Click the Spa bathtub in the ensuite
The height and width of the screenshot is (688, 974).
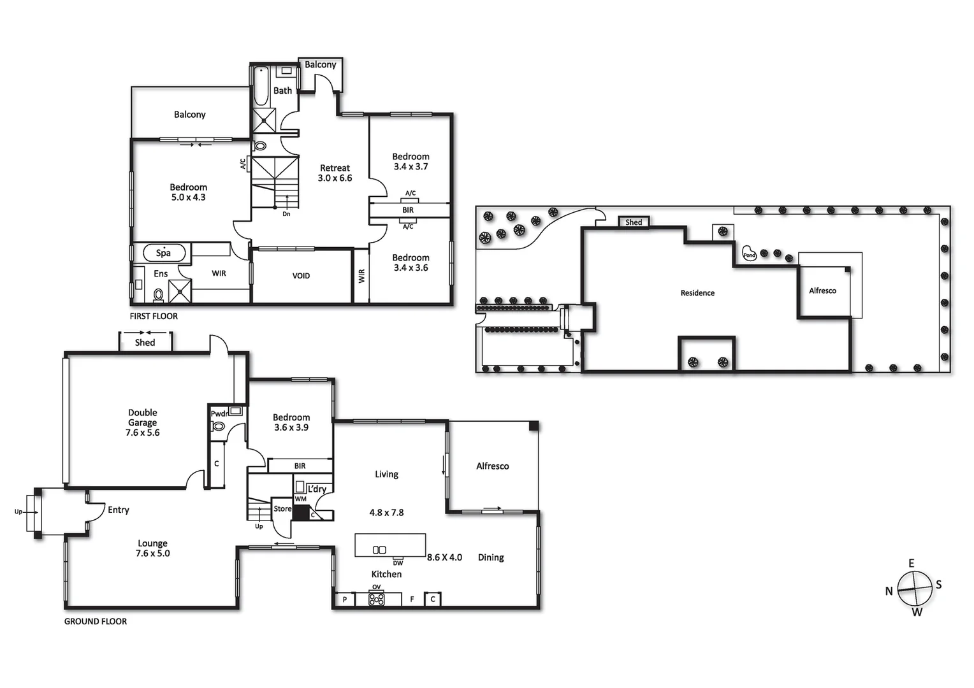(x=163, y=253)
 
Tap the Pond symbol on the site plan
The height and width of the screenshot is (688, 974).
(x=749, y=254)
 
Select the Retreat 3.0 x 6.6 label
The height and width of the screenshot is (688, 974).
(x=335, y=173)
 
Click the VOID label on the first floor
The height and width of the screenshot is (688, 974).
(x=301, y=276)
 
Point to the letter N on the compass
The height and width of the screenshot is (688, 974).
(x=889, y=591)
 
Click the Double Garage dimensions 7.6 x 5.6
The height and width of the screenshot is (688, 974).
(x=142, y=433)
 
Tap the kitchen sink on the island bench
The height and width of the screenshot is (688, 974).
(x=379, y=550)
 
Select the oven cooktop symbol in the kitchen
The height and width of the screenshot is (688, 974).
(x=377, y=599)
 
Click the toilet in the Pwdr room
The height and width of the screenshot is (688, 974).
(x=219, y=426)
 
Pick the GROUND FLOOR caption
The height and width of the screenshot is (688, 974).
(x=96, y=622)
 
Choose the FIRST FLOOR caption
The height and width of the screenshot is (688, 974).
(x=154, y=317)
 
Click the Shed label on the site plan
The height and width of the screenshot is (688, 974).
(x=634, y=222)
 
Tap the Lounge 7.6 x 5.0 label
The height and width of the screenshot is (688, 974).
(x=152, y=548)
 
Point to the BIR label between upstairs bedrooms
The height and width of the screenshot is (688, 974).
(x=408, y=210)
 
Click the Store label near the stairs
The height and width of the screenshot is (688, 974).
(x=282, y=509)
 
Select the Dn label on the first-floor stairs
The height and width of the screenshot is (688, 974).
(x=286, y=214)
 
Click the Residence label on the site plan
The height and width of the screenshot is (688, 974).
(x=697, y=293)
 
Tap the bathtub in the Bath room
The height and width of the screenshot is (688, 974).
(x=261, y=87)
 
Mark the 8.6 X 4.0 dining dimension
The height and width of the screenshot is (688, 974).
(x=444, y=557)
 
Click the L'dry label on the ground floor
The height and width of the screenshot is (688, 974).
(x=317, y=489)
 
